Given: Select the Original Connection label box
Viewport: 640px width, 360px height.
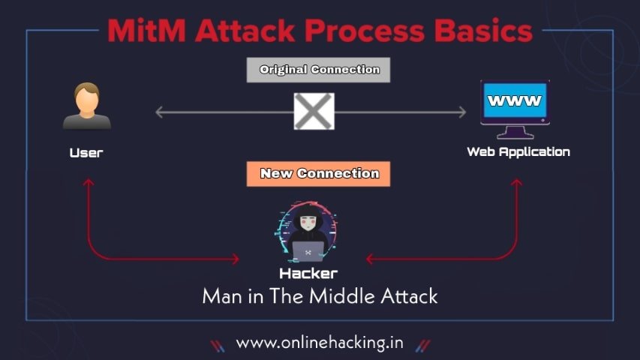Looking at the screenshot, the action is coord(319,70).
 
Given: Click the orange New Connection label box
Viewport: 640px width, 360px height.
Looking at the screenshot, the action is coord(319,174).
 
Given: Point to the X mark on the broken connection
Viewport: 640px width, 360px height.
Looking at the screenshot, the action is coord(314,112).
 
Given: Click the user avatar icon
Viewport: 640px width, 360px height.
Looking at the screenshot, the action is coord(86,107).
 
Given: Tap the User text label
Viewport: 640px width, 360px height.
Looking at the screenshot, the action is coord(86,153).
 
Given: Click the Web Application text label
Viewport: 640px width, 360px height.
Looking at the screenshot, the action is coord(518,151).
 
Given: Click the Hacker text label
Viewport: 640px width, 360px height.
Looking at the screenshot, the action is coord(308,274).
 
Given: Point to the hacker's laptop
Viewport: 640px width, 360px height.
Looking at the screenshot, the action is coord(308,250).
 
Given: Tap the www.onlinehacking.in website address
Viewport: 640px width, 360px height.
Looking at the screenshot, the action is coord(320,343).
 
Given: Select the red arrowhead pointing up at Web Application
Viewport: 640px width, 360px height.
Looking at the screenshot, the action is coord(517,182).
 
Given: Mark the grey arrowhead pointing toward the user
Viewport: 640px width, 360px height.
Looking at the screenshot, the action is coord(160,112).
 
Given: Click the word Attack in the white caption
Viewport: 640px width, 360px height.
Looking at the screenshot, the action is coord(411,296).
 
